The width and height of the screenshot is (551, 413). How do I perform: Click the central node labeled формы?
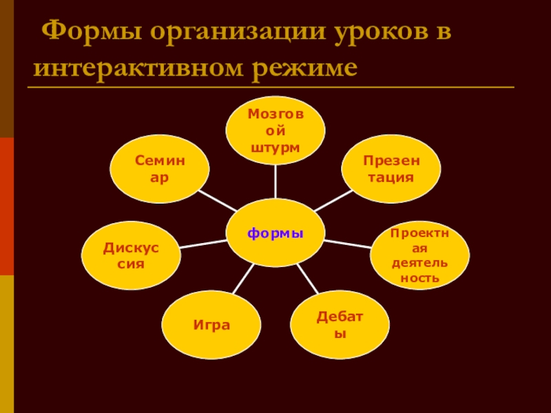[x=275, y=233]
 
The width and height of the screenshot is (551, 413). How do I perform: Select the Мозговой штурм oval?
[x=275, y=130]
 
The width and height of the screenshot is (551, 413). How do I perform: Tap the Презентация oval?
[x=390, y=169]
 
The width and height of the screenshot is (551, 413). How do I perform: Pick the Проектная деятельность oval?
[x=419, y=255]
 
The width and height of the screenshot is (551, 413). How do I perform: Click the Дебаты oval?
[x=340, y=324]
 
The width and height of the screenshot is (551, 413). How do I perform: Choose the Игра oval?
[x=211, y=324]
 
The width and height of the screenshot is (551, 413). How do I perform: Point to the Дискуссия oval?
[x=131, y=255]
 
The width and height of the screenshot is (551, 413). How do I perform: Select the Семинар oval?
[x=160, y=169]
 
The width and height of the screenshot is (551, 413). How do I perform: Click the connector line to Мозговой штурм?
[x=275, y=181]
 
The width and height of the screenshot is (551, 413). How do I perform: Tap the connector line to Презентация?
[x=333, y=201]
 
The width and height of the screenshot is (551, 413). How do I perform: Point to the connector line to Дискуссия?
[x=203, y=243]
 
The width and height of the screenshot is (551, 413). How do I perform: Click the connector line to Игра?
[x=243, y=278]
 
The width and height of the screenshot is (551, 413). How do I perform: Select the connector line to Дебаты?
[x=308, y=278]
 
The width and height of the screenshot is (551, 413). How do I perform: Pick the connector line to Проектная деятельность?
[x=348, y=243]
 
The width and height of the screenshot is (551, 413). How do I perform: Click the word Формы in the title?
[x=86, y=33]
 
